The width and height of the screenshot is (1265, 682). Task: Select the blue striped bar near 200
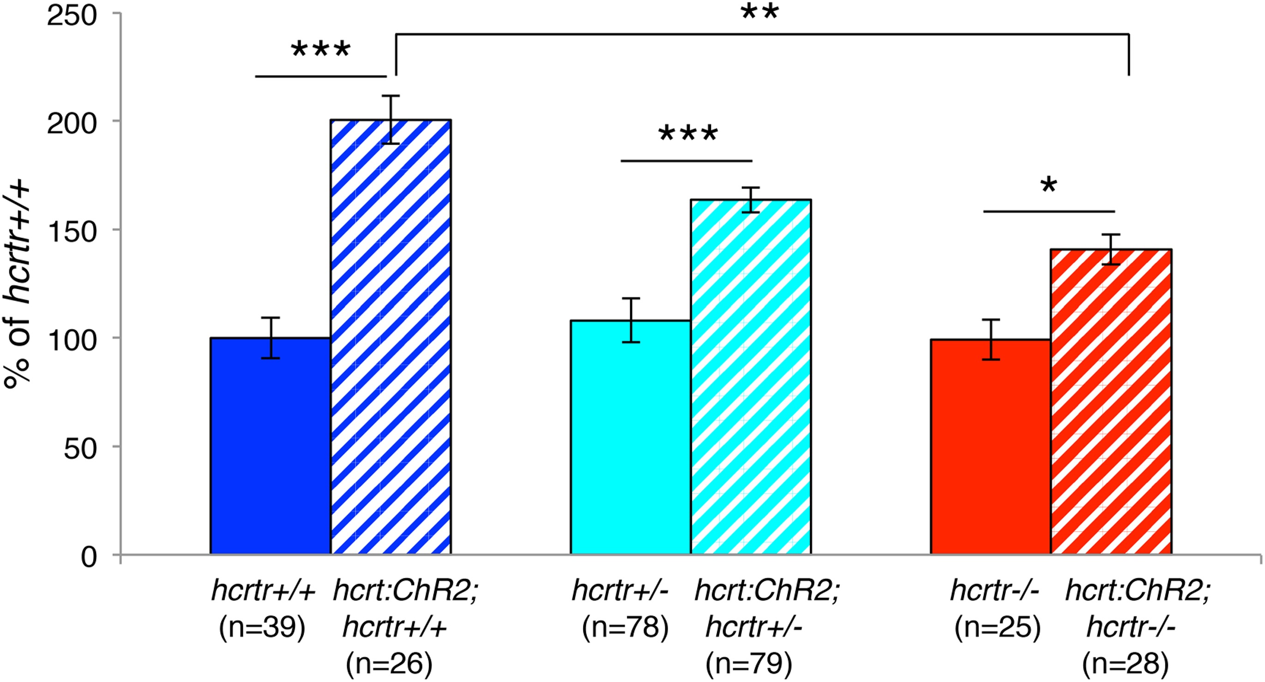coord(391,339)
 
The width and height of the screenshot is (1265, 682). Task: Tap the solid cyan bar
coord(631,437)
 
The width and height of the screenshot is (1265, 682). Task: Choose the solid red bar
coord(990,447)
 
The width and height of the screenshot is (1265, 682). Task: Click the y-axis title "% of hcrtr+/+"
coord(18,285)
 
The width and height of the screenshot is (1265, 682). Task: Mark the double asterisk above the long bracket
coord(759,13)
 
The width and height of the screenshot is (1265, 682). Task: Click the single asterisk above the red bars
coord(1048,186)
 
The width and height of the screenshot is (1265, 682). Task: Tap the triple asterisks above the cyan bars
coord(688,134)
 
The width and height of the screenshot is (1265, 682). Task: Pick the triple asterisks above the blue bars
coord(321,50)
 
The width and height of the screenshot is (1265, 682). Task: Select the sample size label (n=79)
coord(749,664)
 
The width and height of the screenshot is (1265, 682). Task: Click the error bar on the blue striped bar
coord(391,119)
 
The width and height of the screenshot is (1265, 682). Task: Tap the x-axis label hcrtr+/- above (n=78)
coord(620,590)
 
